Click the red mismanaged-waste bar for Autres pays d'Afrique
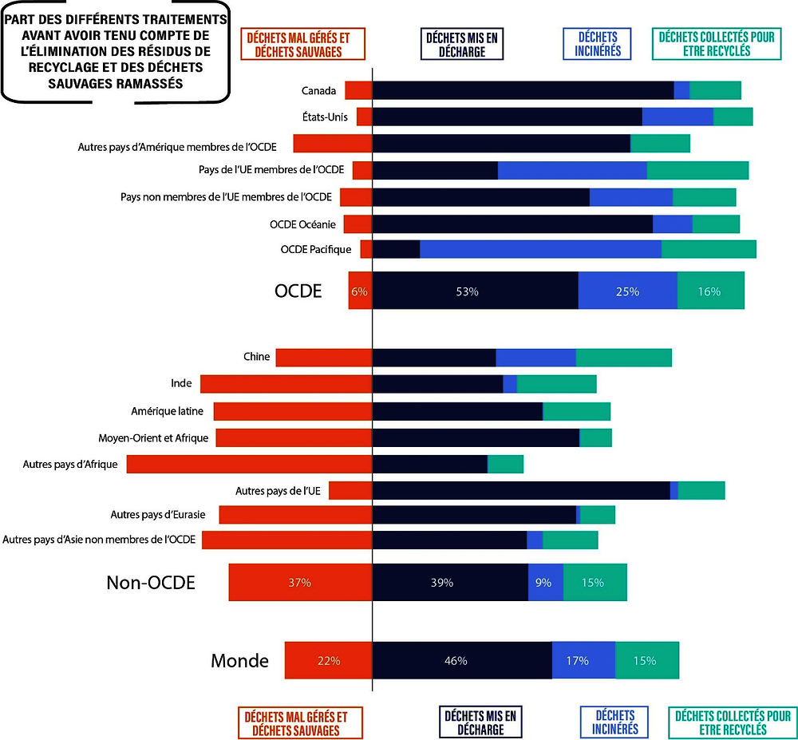coord(249,464)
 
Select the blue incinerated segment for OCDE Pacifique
coord(540,249)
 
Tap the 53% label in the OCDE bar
coord(467,291)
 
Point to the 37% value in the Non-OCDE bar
coord(299,583)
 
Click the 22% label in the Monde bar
coord(329,660)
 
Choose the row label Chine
coord(256,357)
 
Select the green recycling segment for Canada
coord(715,90)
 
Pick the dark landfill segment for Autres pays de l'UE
coord(521,491)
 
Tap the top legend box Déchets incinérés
coord(597,43)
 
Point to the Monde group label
coord(239,660)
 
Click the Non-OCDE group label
coord(151,583)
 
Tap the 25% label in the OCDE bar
coord(627,291)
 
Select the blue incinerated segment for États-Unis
coord(678,117)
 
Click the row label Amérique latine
coord(167,411)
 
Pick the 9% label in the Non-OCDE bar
coord(543,583)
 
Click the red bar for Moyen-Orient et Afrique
coord(294,437)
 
